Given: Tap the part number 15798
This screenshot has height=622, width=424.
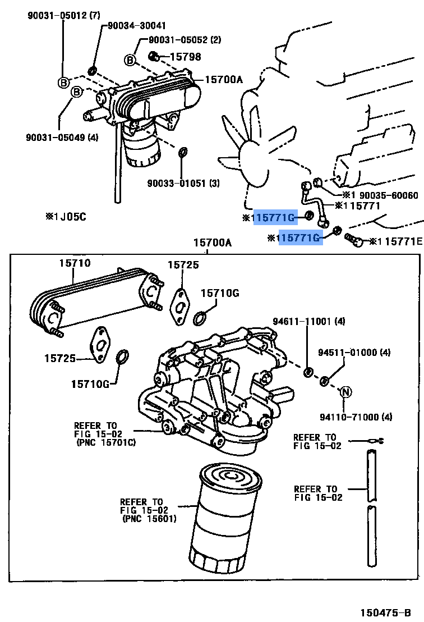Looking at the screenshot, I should coord(185,57).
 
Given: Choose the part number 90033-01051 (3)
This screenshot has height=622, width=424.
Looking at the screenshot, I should coord(183,184).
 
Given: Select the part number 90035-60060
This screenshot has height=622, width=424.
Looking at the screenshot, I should coord(388,195).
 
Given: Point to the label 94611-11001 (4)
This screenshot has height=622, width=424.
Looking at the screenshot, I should coord(308,322).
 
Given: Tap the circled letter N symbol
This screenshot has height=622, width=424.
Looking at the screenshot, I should coord(346,392).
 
